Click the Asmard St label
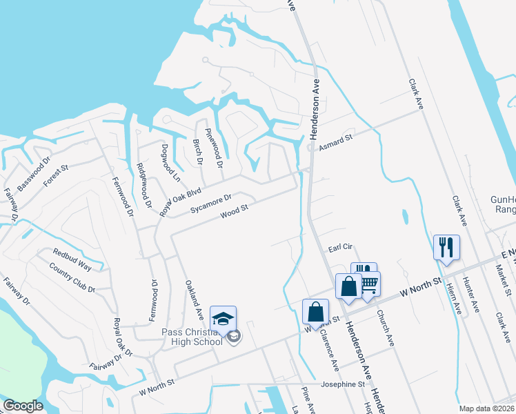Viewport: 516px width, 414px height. coord(335,143)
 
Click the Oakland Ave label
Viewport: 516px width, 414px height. coord(192,298)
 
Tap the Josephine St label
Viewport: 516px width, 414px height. coord(342,384)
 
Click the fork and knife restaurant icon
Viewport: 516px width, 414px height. coord(446,247)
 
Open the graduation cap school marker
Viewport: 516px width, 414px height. coord(223,319)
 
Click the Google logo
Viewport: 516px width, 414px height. coord(23,406)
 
